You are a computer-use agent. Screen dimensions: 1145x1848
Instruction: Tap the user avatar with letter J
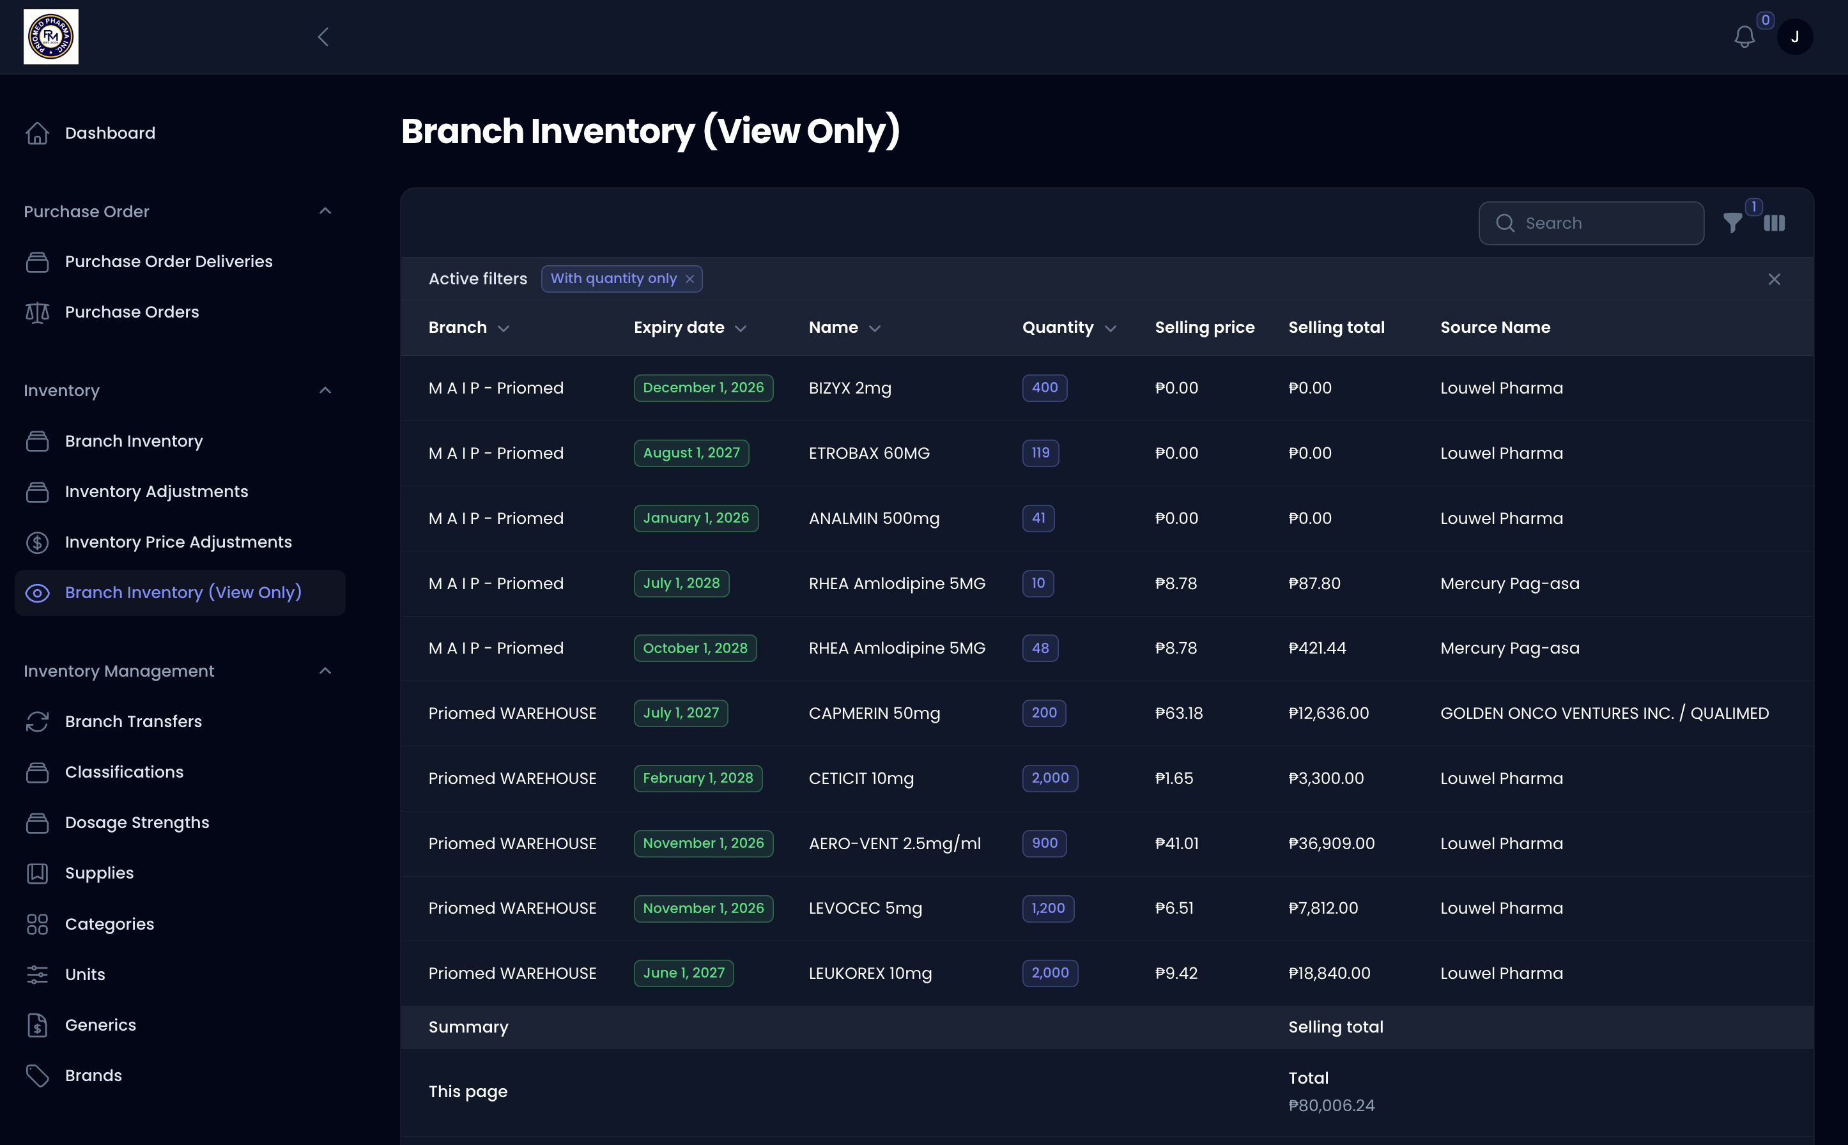pyautogui.click(x=1794, y=37)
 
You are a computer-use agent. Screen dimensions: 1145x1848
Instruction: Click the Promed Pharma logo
pyautogui.click(x=50, y=37)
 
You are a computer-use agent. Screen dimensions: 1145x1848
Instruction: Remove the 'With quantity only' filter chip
pyautogui.click(x=689, y=279)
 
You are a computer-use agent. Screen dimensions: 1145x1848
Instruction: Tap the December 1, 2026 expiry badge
pyautogui.click(x=703, y=388)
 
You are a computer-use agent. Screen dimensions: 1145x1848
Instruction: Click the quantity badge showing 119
pyautogui.click(x=1040, y=453)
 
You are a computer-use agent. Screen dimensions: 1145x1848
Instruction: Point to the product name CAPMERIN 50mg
pyautogui.click(x=874, y=713)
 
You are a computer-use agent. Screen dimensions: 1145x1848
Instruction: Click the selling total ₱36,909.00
pyautogui.click(x=1330, y=843)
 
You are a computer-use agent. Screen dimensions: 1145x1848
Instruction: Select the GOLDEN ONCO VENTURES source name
pyautogui.click(x=1604, y=713)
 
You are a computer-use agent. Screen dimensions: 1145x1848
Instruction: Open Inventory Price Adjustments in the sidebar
pyautogui.click(x=178, y=542)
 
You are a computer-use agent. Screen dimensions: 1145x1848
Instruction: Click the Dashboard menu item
pyautogui.click(x=110, y=134)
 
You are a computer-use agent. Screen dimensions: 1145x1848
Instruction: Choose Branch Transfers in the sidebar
pyautogui.click(x=134, y=721)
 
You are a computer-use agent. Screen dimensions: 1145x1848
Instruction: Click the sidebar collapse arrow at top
pyautogui.click(x=323, y=37)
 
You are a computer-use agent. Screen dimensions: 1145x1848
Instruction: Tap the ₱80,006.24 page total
pyautogui.click(x=1330, y=1105)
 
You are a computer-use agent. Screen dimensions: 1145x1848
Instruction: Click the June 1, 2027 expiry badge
pyautogui.click(x=683, y=973)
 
